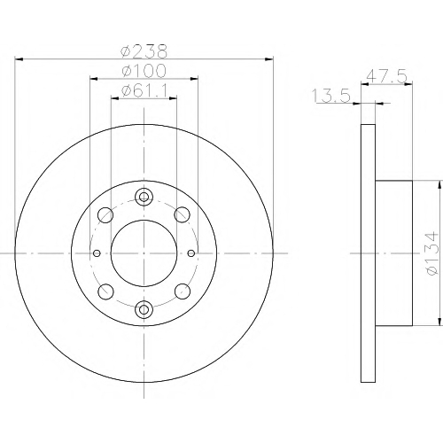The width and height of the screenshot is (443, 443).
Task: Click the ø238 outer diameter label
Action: pos(144,51)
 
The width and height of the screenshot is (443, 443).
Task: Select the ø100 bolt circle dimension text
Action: pos(144,71)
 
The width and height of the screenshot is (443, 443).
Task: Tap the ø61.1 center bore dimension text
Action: pos(144,90)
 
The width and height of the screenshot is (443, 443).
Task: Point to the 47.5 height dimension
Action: pos(386,76)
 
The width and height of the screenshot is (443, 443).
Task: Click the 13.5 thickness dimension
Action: pos(331,96)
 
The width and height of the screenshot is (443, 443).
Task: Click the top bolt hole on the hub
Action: pos(144,197)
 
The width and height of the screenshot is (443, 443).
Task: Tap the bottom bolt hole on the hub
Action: pos(144,309)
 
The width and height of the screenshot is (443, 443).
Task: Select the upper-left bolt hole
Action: pos(105,215)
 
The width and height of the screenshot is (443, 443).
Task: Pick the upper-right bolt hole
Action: pos(183,214)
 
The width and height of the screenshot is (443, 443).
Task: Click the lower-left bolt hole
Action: pos(105,291)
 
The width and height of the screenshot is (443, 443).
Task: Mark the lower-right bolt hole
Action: pos(183,291)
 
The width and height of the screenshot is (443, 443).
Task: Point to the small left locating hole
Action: pos(97,253)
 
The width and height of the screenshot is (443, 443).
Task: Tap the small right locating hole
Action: pos(191,253)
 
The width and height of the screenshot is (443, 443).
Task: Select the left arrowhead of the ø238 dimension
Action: pos(19,59)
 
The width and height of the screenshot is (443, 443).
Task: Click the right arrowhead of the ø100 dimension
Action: pos(194,79)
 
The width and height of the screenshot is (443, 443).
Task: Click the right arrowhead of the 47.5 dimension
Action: pos(408,84)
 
